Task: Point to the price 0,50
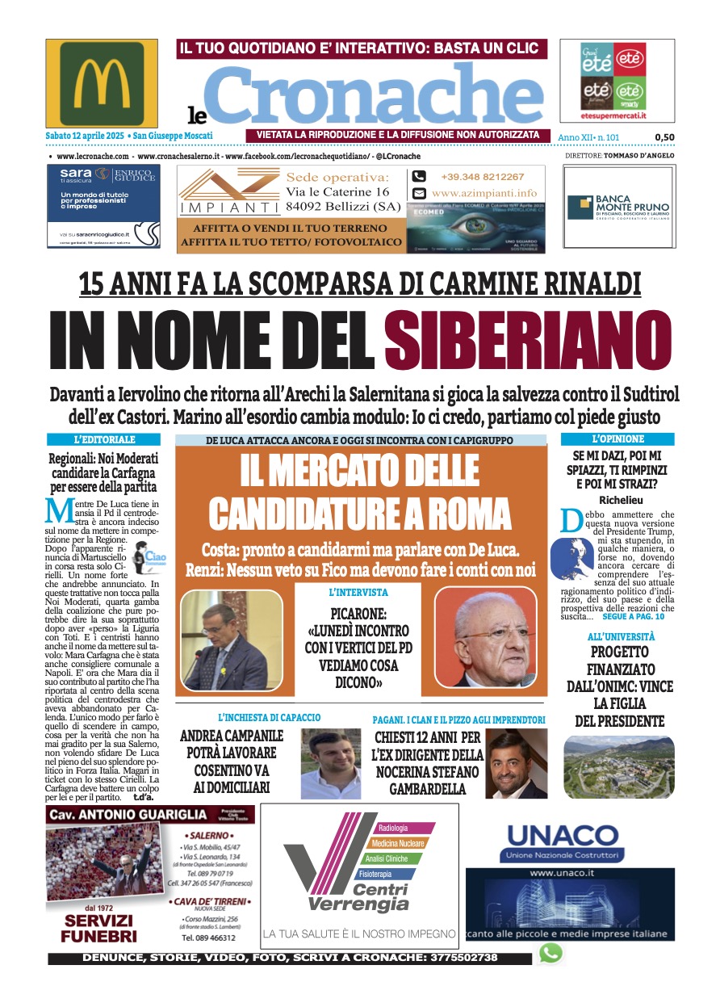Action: (x=664, y=137)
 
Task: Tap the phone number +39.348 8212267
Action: (x=482, y=177)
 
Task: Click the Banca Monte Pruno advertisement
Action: (x=620, y=208)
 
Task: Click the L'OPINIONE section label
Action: (x=617, y=439)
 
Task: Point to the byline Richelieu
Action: (x=617, y=500)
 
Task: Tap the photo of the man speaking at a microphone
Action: (x=230, y=640)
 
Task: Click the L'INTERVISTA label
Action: (x=358, y=592)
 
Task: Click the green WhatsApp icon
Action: (x=550, y=953)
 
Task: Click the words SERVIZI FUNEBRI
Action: (x=100, y=929)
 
